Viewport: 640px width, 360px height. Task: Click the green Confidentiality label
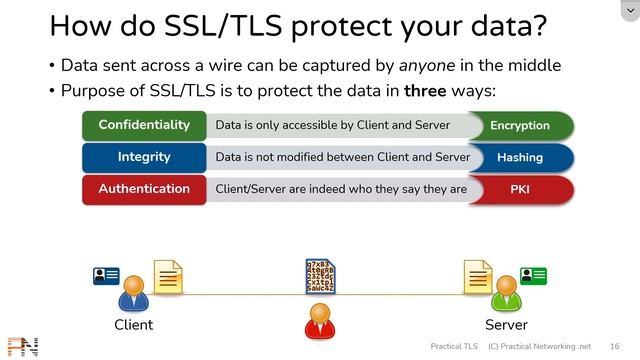pyautogui.click(x=144, y=126)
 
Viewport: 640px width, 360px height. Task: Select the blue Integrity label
pyautogui.click(x=144, y=157)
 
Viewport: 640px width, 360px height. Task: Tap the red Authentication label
pyautogui.click(x=144, y=189)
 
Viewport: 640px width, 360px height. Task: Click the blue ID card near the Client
pyautogui.click(x=106, y=275)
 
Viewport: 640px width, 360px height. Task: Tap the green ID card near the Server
pyautogui.click(x=533, y=275)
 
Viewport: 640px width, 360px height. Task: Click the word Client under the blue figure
pyautogui.click(x=133, y=325)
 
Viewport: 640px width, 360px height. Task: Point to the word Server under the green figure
pyautogui.click(x=506, y=325)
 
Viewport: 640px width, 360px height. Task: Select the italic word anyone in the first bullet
pyautogui.click(x=428, y=66)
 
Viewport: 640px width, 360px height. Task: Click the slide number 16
pyautogui.click(x=614, y=346)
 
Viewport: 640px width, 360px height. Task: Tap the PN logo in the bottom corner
pyautogui.click(x=21, y=346)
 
